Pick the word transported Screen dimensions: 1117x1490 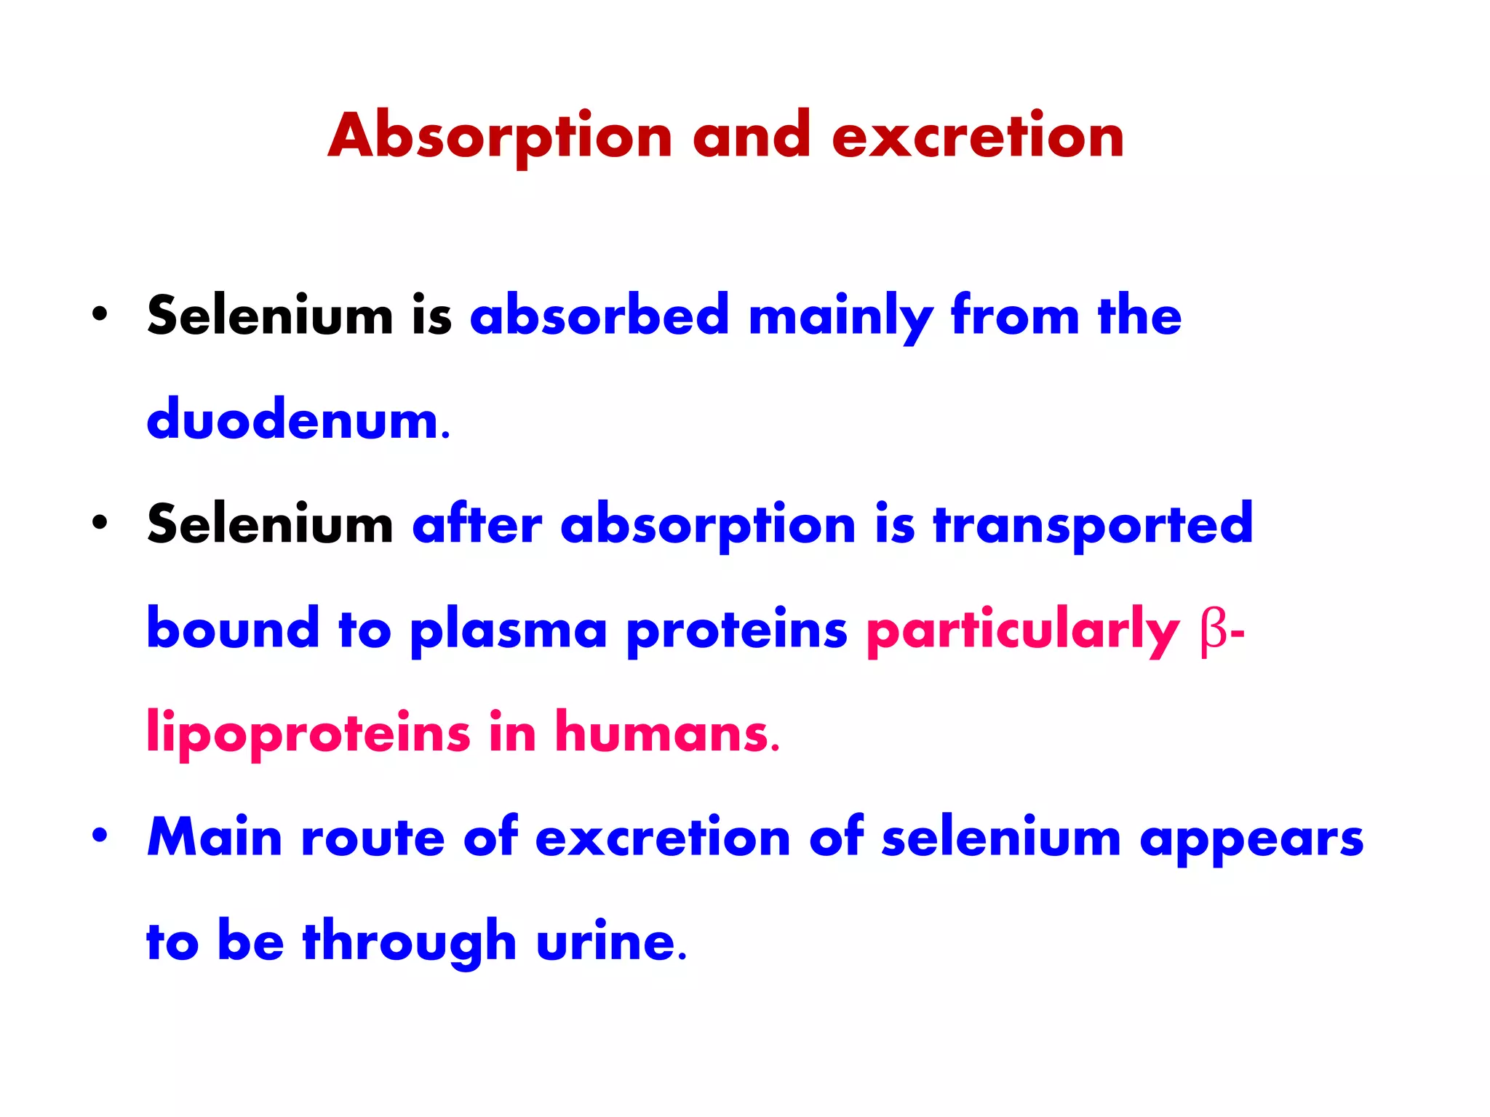click(x=1093, y=525)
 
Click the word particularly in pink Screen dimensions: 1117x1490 click(x=1022, y=630)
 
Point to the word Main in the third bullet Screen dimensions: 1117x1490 click(x=215, y=837)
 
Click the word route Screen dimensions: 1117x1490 click(x=372, y=837)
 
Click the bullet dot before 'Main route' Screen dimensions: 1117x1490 click(x=100, y=836)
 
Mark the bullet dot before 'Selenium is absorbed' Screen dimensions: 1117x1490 click(x=100, y=314)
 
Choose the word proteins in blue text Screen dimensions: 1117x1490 click(x=736, y=630)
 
